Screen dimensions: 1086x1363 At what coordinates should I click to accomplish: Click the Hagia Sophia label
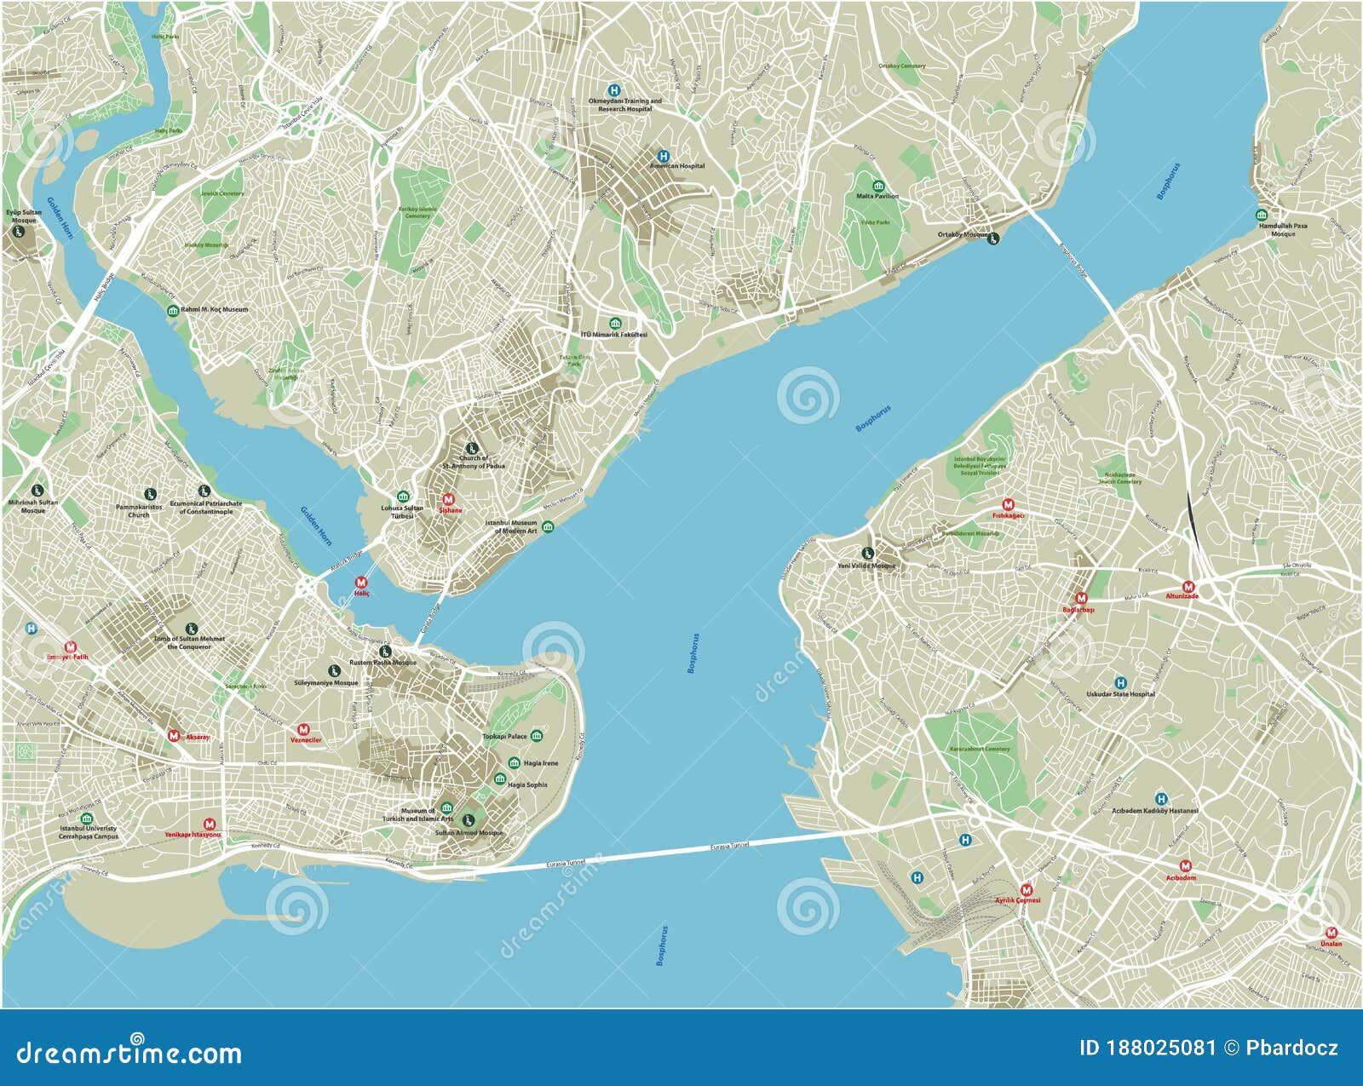pos(527,784)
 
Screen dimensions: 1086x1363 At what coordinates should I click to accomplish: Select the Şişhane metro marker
pos(449,500)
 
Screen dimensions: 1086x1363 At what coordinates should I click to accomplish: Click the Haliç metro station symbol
pos(361,583)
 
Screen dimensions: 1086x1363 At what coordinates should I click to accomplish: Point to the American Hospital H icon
pos(663,156)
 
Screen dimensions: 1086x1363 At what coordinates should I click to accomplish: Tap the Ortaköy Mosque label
pos(963,235)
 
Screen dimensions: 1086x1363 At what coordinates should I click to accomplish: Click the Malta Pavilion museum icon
pos(877,186)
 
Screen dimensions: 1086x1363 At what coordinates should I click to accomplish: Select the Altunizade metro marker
pos(1188,587)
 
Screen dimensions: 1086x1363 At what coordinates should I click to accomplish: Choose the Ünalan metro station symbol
pos(1331,933)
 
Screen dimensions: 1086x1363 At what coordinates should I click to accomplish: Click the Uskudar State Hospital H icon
pos(1121,682)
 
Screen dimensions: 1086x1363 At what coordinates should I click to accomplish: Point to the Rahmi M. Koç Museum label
pos(215,310)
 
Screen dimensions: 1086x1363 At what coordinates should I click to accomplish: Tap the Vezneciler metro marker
pos(304,730)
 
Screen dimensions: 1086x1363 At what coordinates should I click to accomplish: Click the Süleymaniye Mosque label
pos(326,683)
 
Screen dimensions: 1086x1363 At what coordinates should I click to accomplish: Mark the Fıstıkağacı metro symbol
pos(1009,504)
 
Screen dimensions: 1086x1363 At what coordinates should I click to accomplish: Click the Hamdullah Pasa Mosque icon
pos(1262,215)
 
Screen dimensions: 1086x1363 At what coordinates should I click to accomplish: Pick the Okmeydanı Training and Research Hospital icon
pos(613,90)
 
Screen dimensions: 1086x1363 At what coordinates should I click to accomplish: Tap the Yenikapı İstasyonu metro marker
pos(210,824)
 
